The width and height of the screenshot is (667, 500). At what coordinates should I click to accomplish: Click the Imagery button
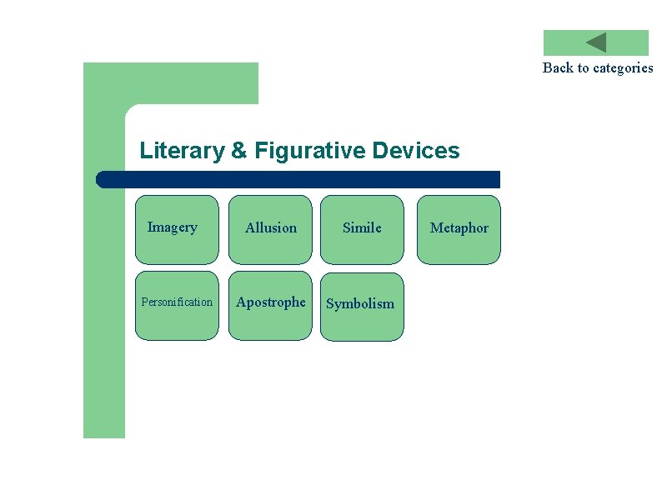[177, 229]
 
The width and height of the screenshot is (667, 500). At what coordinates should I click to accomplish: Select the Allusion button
[270, 229]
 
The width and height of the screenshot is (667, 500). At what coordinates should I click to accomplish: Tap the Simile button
[362, 229]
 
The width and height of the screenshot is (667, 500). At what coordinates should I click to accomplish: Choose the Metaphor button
[459, 229]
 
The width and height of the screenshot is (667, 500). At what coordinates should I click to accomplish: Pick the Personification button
[177, 305]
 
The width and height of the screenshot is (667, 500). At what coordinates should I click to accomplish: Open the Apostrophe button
[270, 305]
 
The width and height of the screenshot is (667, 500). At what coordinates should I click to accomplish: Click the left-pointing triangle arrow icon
[596, 42]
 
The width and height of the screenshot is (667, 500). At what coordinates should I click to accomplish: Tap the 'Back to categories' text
[598, 67]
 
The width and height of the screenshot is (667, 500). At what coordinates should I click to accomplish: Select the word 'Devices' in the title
[416, 151]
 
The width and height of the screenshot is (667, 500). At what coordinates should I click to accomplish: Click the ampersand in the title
[239, 151]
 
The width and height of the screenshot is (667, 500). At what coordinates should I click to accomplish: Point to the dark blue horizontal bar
[300, 179]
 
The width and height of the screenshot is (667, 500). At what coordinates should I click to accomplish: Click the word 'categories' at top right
[623, 67]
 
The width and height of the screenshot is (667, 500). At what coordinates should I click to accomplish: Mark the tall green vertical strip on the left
[104, 333]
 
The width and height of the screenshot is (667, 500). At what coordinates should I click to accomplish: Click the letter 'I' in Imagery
[150, 227]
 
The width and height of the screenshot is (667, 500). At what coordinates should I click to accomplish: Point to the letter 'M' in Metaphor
[435, 228]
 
